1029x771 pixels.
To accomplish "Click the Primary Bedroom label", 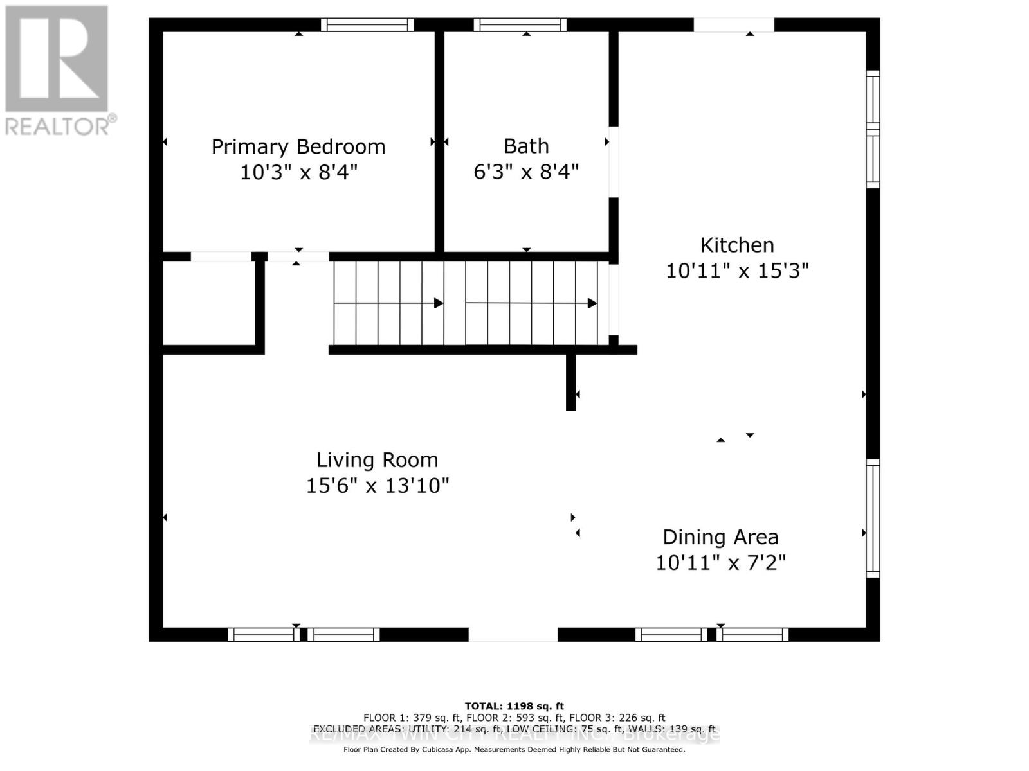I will click(x=298, y=146).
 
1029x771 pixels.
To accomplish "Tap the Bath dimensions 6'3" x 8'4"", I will click(x=526, y=172).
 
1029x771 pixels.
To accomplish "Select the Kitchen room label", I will click(x=737, y=245).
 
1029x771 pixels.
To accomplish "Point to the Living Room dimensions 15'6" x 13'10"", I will click(x=377, y=485).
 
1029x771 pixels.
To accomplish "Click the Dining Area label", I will click(x=720, y=537).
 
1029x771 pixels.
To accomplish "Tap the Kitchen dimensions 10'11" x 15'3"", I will click(x=737, y=270).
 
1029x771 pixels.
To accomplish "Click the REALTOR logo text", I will click(x=61, y=125).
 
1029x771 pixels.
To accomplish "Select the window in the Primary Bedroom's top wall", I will click(x=367, y=25).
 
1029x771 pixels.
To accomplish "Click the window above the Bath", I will click(x=520, y=25).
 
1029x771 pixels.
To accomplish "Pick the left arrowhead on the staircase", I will click(x=439, y=303).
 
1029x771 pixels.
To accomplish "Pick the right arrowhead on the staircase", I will click(x=592, y=303).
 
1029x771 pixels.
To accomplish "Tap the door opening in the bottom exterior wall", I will click(x=513, y=635).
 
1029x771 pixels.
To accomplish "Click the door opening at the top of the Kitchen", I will click(x=733, y=25).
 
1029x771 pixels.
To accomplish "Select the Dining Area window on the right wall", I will click(x=873, y=518).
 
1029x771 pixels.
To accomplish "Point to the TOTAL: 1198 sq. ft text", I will click(x=514, y=706).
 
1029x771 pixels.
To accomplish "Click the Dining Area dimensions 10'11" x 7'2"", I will click(x=720, y=563).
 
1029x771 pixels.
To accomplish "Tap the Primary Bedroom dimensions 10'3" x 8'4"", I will click(x=298, y=172).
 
